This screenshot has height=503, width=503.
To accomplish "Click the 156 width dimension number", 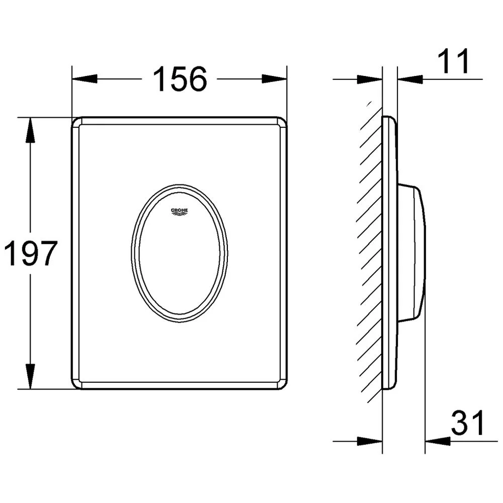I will point(180,79).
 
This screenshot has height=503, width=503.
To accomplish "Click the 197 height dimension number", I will point(30,254).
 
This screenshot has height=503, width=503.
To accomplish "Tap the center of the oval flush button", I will point(179,253).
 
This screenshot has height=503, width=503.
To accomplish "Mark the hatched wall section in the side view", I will point(370,251).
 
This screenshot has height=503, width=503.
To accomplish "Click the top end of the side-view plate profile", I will point(388,119).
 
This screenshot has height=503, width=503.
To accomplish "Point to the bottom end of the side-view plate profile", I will point(388,387).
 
